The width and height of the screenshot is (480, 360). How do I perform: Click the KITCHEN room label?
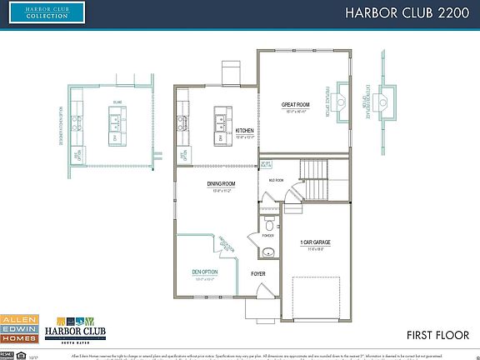(x=244, y=131)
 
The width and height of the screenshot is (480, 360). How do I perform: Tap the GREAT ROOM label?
(x=296, y=104)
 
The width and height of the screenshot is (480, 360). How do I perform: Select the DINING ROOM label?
(x=221, y=183)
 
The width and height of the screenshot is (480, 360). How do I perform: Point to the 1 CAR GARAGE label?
(x=316, y=242)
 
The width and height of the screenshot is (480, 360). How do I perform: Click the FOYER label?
(x=258, y=272)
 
